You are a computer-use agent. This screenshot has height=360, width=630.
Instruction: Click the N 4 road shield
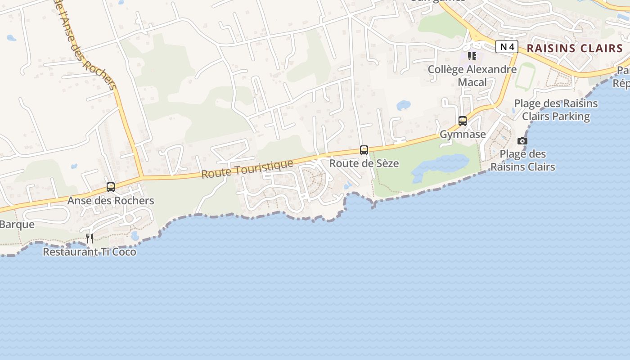coord(507,47)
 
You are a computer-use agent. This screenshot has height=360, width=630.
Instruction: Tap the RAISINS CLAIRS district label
coord(575,48)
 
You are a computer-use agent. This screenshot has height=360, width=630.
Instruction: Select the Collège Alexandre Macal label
coord(472,76)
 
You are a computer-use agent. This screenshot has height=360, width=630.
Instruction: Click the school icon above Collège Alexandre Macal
coord(472,56)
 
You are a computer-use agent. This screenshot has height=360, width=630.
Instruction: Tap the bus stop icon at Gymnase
coord(463,121)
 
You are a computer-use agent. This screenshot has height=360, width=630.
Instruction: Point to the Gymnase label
coord(463,134)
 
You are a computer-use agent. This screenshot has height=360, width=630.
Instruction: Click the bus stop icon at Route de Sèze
coord(364,150)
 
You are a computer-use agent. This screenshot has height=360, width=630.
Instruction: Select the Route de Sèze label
coord(364,163)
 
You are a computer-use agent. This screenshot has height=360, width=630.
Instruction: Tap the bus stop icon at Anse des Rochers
coord(111,187)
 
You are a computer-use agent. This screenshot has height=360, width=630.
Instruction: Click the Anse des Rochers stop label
coord(111,201)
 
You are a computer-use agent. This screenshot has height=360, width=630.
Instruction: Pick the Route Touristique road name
coord(247,169)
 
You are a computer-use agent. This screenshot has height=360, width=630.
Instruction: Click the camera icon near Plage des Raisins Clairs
coord(522,141)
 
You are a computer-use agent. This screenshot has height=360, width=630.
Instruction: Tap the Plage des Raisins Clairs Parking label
coord(556,110)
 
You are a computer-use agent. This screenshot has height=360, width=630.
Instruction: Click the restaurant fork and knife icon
coord(90,238)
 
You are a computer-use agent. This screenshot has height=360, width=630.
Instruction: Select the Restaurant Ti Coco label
coord(90,252)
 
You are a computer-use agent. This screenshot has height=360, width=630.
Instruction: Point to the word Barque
coord(17,224)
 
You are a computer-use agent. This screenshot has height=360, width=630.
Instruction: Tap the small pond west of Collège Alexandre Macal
coord(403,105)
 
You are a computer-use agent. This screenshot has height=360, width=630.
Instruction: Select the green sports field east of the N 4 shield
coord(525,76)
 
